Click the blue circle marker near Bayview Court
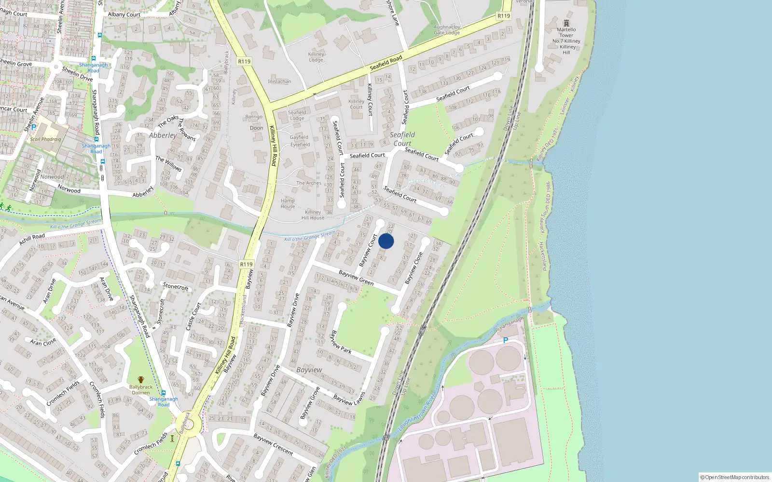386,241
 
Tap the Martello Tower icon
566,23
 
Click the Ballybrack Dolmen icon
140,380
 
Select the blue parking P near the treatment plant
506,340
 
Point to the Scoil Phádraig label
45,139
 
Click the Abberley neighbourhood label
163,135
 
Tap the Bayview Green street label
356,277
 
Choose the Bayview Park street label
341,342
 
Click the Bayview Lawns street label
349,400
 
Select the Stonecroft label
176,286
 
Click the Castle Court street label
193,316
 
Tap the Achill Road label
32,239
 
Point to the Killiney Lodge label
316,57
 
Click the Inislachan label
279,81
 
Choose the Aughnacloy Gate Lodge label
447,30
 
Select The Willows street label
168,164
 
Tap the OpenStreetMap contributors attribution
735,477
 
